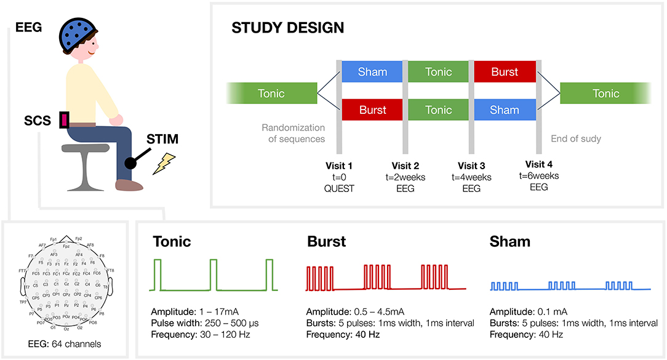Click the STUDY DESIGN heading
287,28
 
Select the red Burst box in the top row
505,72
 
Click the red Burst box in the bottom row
372,110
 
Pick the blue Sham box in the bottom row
505,110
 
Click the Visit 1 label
339,165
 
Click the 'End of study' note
575,138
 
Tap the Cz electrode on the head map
65,284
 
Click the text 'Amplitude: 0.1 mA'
529,311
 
